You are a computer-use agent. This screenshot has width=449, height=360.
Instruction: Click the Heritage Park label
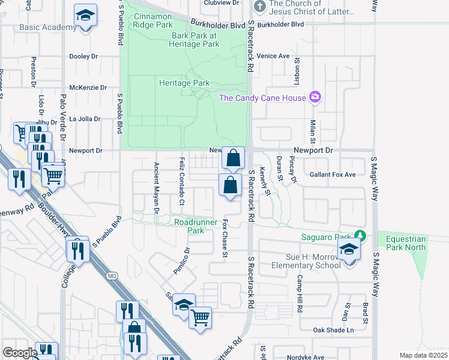point(184,83)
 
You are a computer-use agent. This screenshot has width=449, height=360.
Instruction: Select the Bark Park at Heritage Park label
point(195,40)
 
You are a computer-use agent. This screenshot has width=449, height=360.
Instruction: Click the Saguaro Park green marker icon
point(360,235)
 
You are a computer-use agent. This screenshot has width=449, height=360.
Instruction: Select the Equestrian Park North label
point(406,242)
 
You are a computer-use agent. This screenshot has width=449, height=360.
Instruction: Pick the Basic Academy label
point(40,28)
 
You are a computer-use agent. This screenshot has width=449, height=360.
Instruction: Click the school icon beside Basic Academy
point(86,15)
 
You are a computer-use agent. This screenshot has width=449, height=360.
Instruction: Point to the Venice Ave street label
point(273,56)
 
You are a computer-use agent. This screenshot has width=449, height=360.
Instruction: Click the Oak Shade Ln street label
point(333,330)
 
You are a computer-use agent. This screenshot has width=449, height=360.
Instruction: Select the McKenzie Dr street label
point(88,88)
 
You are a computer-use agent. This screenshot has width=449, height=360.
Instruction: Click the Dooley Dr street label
point(83,56)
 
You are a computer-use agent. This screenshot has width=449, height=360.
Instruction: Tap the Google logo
point(19,353)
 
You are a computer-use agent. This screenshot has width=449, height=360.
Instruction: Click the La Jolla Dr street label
point(85,119)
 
